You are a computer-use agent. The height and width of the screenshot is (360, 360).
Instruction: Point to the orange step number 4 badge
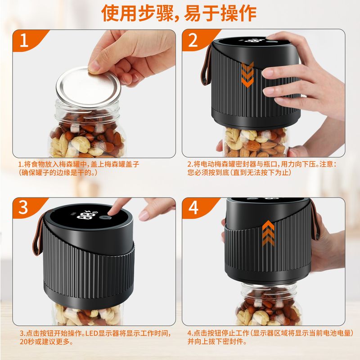[x=193, y=208]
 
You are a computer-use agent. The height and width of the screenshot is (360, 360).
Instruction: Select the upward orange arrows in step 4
[x=269, y=232]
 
